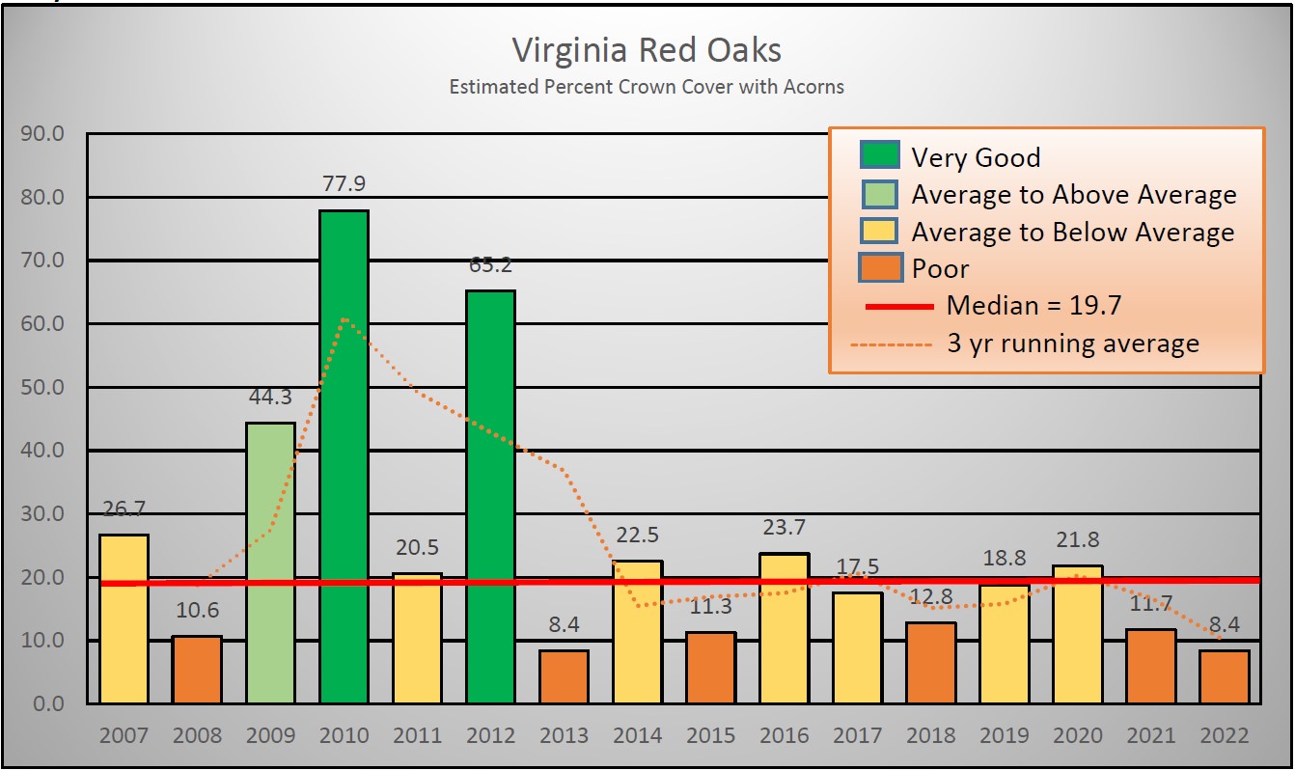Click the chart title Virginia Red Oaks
(646, 50)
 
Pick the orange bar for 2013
(564, 676)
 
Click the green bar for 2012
(490, 496)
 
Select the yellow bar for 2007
(124, 619)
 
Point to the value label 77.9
(344, 183)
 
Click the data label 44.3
(270, 397)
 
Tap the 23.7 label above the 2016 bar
(784, 527)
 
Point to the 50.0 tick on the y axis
(41, 387)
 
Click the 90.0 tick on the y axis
(41, 133)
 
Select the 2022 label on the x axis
(1224, 736)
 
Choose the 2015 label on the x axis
(710, 736)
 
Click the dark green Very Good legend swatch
(879, 156)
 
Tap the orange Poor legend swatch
(879, 267)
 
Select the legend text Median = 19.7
(1033, 306)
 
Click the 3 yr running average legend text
(1072, 344)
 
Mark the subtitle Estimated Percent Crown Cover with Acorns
(646, 87)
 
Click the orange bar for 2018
(930, 663)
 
